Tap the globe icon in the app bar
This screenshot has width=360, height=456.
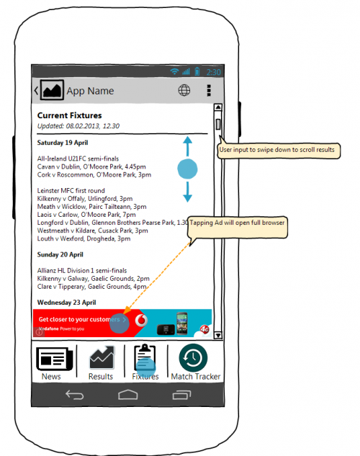tap(184, 91)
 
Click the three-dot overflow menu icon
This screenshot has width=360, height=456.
tap(209, 91)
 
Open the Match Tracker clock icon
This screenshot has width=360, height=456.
tap(194, 358)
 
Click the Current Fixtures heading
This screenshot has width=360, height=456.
tap(69, 115)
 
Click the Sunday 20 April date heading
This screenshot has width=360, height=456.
tap(60, 254)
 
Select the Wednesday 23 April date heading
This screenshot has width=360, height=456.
tap(66, 303)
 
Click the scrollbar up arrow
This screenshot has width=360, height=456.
tap(217, 109)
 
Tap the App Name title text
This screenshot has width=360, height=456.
tap(90, 91)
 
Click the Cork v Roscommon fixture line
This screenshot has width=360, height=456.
tap(94, 174)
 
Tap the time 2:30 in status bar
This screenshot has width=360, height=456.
tap(214, 72)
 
